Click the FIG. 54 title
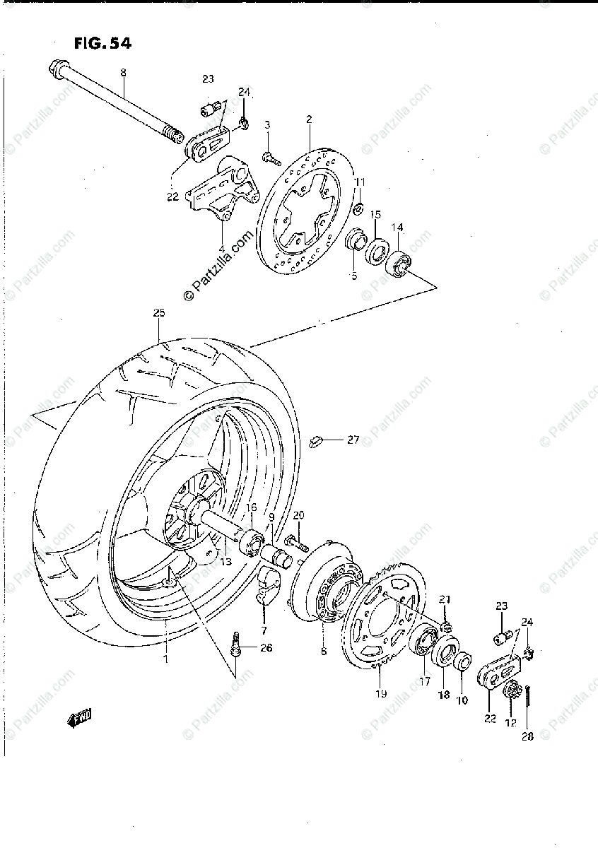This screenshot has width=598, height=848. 102,44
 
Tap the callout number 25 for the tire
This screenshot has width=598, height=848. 158,312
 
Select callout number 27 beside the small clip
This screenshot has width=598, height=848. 353,440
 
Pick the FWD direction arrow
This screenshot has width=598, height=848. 80,720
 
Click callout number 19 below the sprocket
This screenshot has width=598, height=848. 381,693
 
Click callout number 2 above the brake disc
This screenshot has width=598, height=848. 309,120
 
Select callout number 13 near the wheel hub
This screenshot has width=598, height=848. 225,562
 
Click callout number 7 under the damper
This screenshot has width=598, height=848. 264,630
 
